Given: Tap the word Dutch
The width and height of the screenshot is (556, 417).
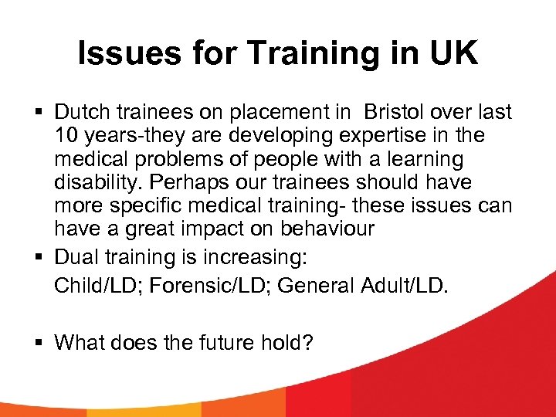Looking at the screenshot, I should (82, 112).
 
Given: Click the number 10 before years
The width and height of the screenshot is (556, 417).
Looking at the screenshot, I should (66, 135).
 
